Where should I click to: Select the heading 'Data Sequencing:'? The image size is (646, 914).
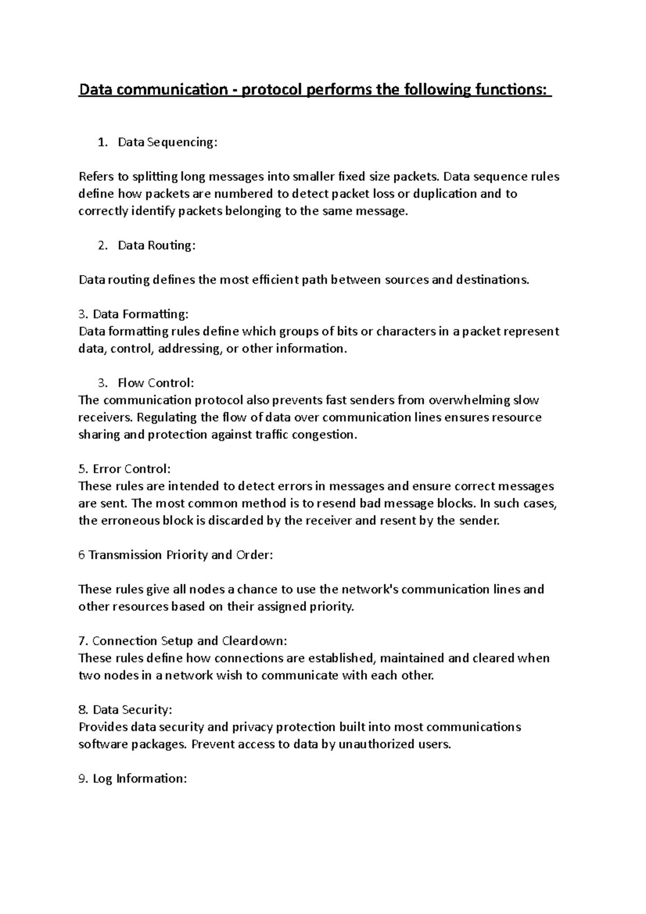167,142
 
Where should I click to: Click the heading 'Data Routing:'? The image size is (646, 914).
157,245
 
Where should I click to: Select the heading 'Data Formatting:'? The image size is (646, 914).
141,314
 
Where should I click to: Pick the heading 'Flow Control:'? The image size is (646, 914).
156,383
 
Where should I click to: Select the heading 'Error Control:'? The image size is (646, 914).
131,469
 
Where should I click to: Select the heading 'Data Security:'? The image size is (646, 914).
132,710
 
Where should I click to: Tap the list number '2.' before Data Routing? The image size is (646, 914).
102,245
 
